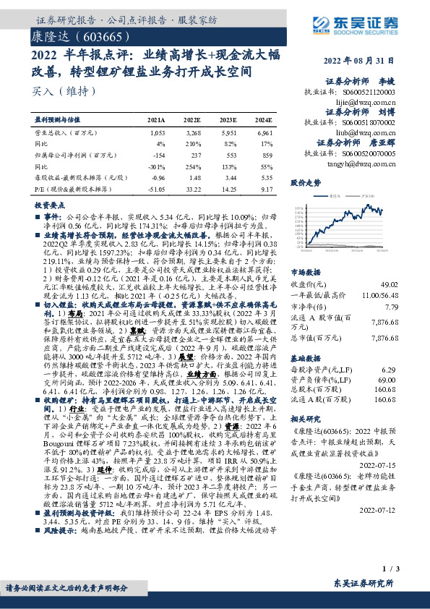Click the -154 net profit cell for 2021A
coord(157,154)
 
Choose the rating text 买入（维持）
coord(60,91)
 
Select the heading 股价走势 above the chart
coord(305,184)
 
